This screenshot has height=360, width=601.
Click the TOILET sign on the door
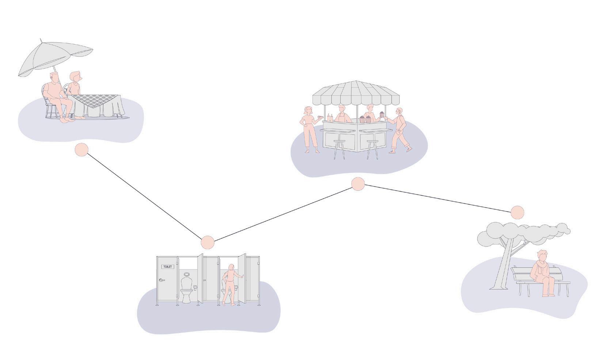(168, 267)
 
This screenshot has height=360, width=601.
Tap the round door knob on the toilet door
(161, 280)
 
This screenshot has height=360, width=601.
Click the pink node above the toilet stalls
(208, 242)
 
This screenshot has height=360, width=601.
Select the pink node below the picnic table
(81, 150)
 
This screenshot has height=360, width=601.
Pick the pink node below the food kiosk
(358, 184)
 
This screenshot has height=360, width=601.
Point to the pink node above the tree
(517, 212)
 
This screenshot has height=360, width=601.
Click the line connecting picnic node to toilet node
(144, 196)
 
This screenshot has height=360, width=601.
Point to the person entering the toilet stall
(230, 285)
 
